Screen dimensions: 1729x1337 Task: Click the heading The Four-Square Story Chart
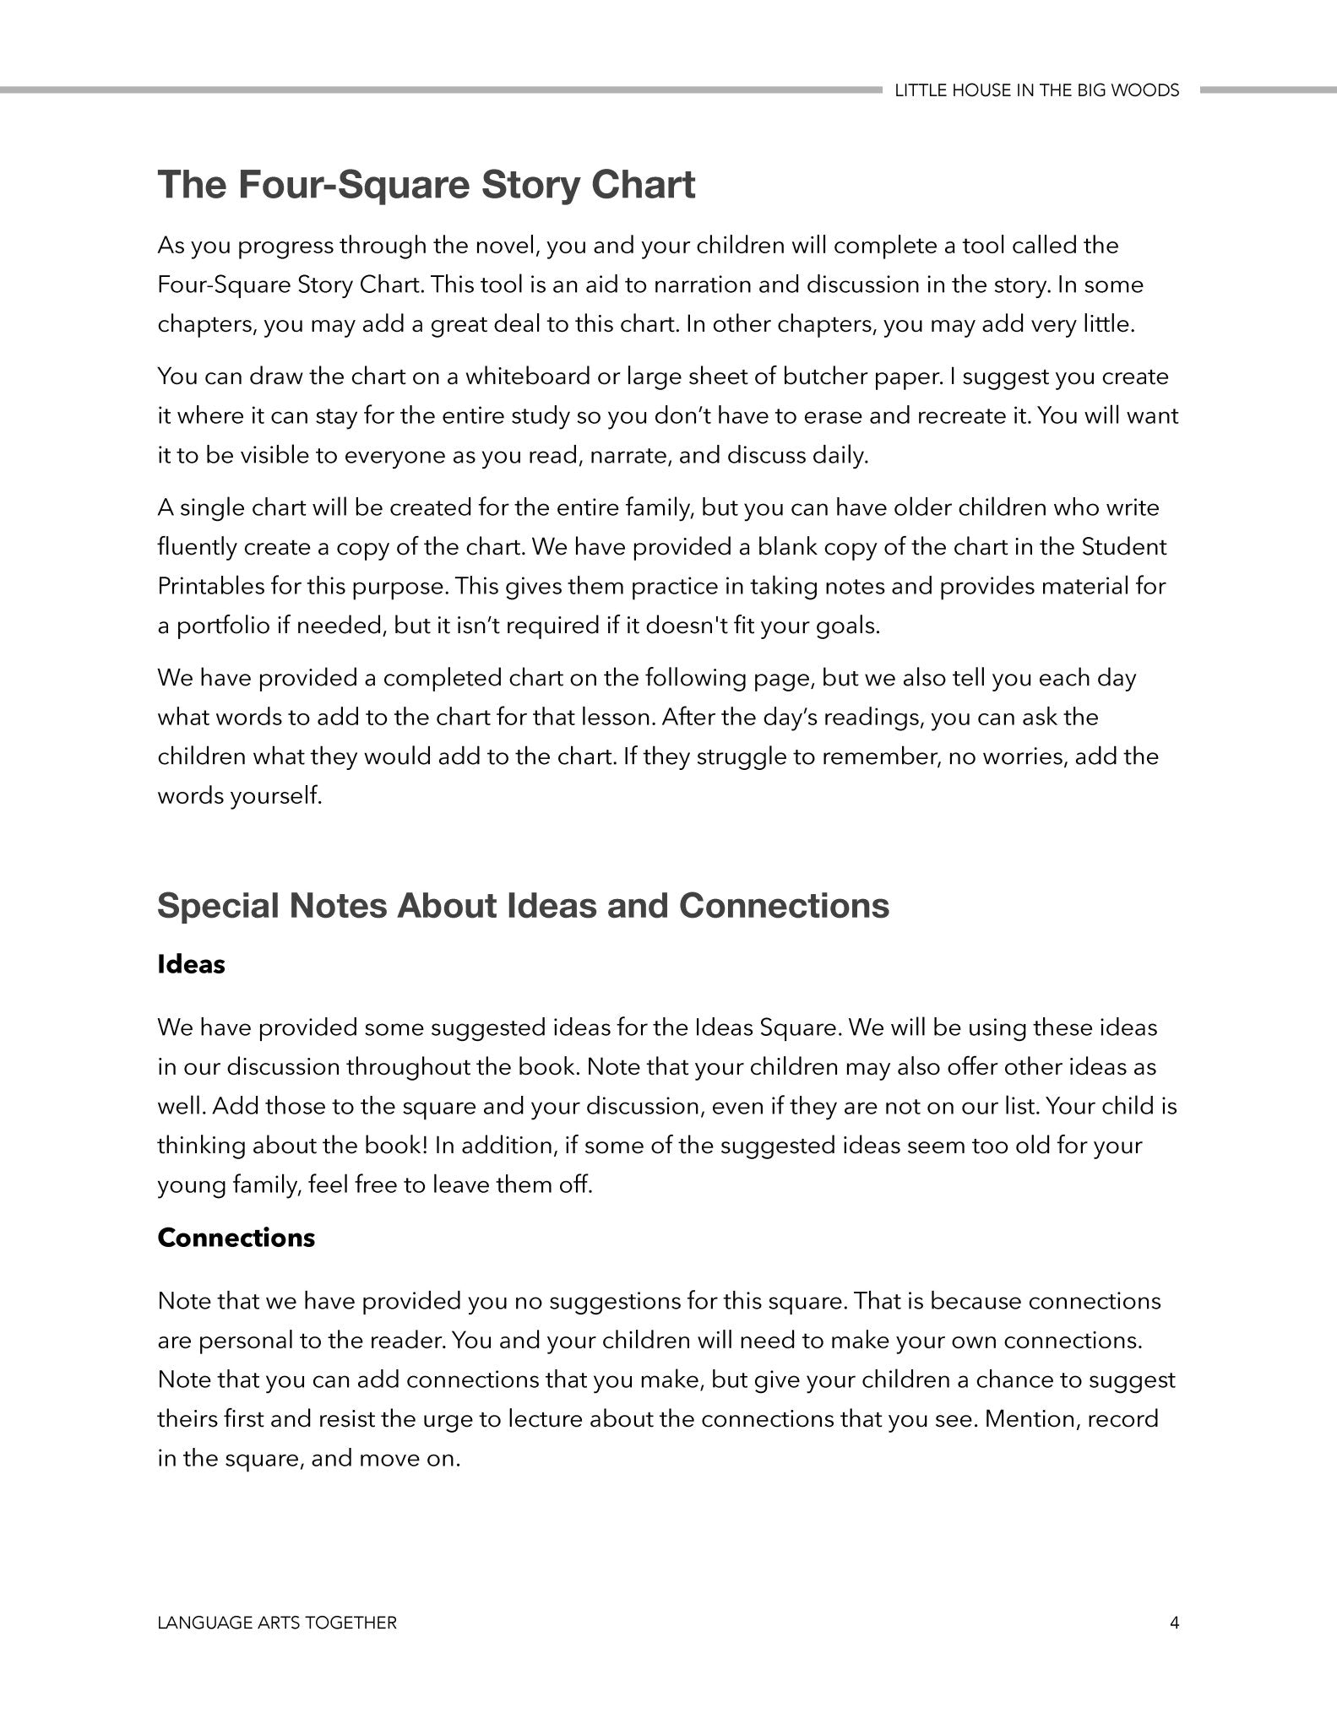click(427, 185)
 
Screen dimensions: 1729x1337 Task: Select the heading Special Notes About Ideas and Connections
click(523, 905)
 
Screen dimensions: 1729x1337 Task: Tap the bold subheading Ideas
click(191, 964)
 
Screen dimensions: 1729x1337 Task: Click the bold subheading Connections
click(236, 1238)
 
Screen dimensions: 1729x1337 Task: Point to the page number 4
click(1174, 1623)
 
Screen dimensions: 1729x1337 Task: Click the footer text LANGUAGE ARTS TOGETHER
click(277, 1623)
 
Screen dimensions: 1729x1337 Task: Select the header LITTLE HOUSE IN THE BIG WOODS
click(1036, 90)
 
